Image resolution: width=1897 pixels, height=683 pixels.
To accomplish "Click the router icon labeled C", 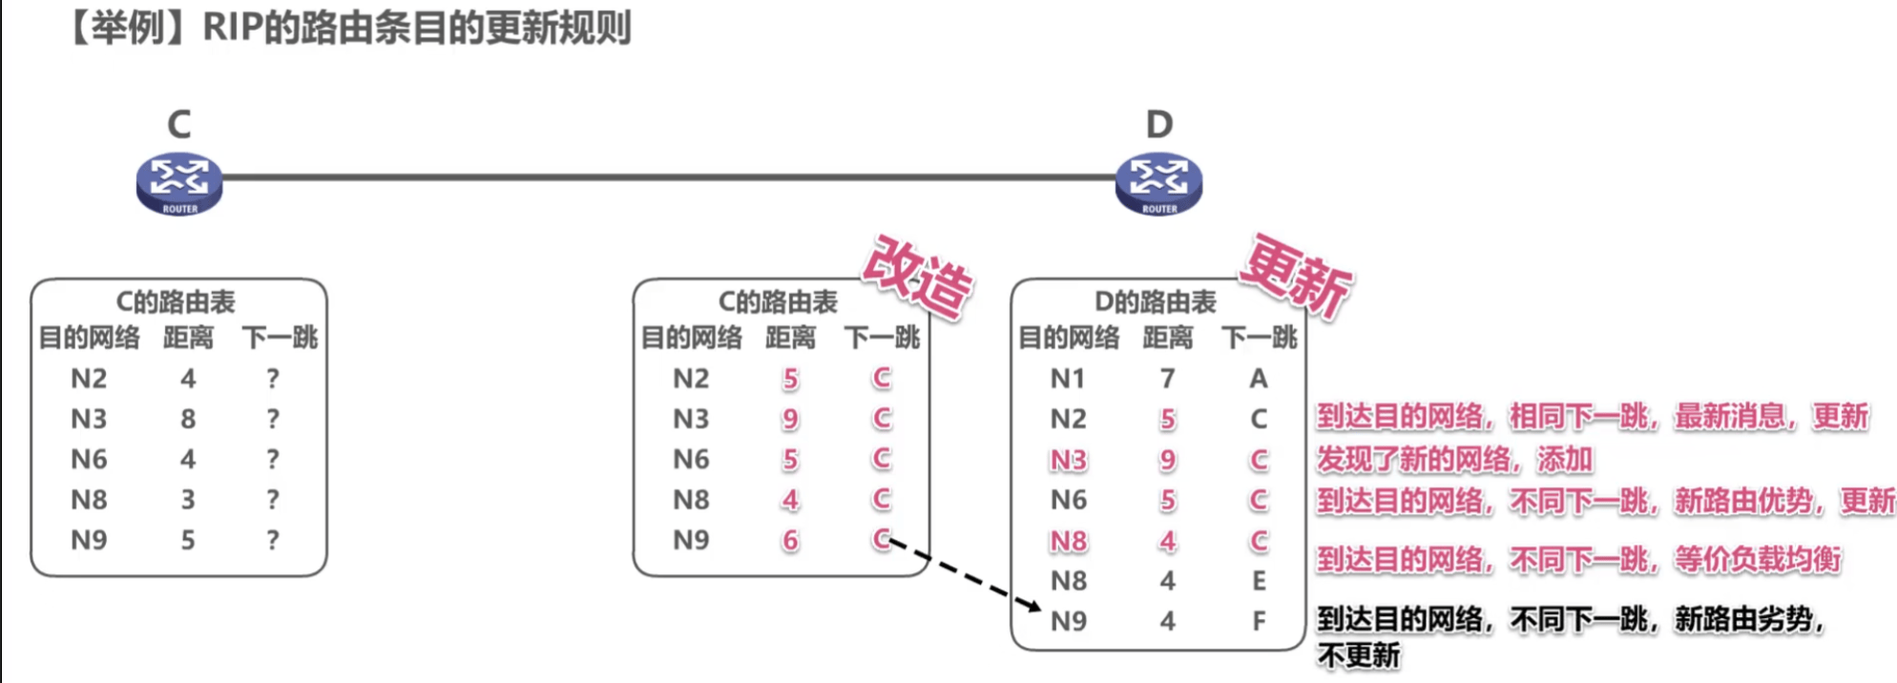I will click(x=179, y=182).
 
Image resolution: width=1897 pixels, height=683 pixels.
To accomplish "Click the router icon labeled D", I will click(x=1158, y=182).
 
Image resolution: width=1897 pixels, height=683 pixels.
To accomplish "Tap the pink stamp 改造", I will click(x=917, y=276).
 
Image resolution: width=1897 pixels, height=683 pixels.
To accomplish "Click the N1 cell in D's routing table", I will click(x=1068, y=379).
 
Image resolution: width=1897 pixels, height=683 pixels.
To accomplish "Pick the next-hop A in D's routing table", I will click(x=1259, y=379).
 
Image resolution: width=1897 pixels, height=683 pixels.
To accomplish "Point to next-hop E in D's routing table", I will click(x=1259, y=581).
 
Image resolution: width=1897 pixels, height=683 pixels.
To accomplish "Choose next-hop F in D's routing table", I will click(x=1259, y=621).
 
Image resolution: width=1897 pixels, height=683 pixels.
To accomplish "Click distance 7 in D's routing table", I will click(x=1167, y=379).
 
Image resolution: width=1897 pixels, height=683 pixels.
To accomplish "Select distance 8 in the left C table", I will click(x=188, y=419).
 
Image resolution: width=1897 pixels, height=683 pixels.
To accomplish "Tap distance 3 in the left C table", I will click(x=188, y=500).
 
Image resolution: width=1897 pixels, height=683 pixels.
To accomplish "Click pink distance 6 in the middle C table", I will click(x=790, y=541).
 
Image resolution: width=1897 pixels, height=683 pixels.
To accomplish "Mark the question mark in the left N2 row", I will click(x=273, y=379).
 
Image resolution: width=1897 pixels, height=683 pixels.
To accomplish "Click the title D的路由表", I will click(x=1155, y=302).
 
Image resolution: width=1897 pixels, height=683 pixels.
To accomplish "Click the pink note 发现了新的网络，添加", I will click(x=1454, y=460).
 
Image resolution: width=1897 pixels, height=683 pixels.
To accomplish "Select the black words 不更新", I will click(x=1359, y=656).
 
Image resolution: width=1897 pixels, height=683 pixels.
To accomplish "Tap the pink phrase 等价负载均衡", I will click(x=1758, y=559).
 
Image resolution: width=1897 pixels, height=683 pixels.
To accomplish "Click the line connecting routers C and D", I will click(x=668, y=176).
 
